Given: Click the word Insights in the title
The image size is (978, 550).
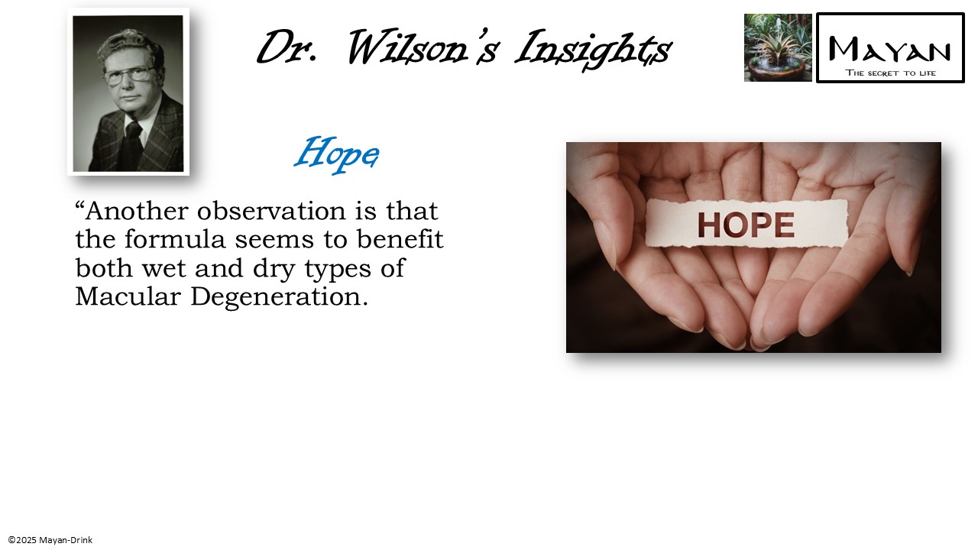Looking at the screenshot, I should (593, 49).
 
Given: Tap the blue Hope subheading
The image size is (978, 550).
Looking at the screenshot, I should (336, 154).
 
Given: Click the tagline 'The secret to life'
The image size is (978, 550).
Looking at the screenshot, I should (890, 73).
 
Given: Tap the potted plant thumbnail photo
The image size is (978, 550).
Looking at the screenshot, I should (778, 47).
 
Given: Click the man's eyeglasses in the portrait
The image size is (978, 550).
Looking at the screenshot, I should (128, 75).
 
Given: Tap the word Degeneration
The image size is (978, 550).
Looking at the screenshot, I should (279, 297).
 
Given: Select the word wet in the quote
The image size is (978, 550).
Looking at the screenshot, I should (170, 269).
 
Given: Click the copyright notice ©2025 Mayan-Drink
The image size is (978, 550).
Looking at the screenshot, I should (50, 540).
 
